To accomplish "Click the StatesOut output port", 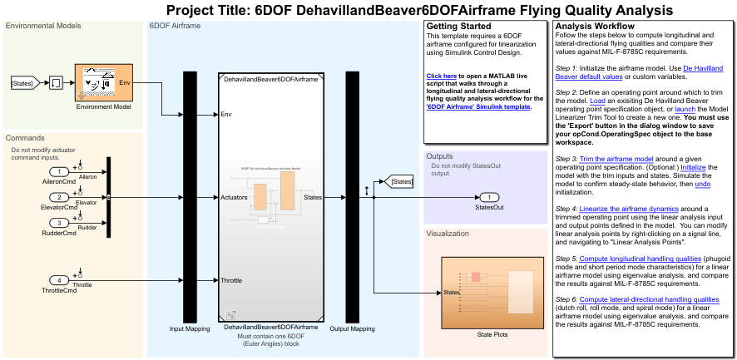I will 490,197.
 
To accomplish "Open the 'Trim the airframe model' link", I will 616,159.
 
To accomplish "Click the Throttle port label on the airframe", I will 231,280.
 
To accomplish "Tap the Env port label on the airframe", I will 226,114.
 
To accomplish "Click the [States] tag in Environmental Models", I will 22,83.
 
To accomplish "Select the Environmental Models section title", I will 43,26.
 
